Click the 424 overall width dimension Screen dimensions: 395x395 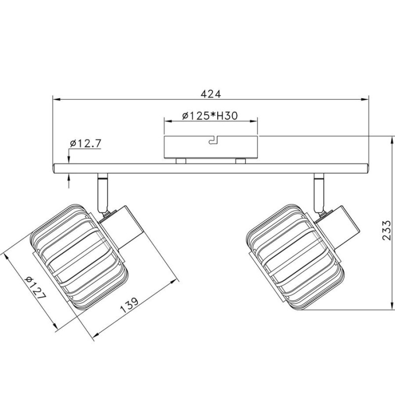[211, 94]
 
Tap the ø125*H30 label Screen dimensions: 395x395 [210, 116]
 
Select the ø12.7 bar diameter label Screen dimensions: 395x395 [85, 143]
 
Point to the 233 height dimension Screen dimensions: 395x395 [386, 230]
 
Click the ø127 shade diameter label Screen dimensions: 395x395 [36, 288]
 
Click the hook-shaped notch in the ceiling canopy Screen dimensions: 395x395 [213, 141]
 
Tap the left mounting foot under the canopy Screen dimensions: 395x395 [181, 161]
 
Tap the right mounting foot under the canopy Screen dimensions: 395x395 [240, 161]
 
